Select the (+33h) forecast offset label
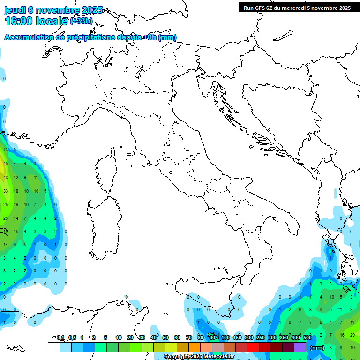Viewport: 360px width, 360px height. tap(81, 21)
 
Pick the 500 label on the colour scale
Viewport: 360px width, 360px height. tap(307, 337)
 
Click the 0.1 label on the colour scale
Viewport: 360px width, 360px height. tap(60, 337)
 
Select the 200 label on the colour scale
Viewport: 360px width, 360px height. tap(248, 337)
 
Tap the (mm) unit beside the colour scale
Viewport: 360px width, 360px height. tap(317, 348)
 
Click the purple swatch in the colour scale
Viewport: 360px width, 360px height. tap(300, 347)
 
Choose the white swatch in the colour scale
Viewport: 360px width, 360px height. tap(53, 347)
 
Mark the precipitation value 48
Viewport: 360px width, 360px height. tap(6, 178)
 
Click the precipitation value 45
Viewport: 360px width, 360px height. tap(6, 163)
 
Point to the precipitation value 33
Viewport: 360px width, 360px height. tap(6, 191)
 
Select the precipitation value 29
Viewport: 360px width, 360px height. tap(352, 335)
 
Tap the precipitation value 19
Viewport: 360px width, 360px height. tap(16, 205)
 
